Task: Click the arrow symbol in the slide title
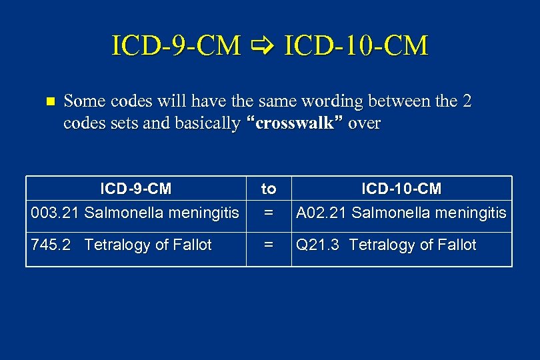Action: (263, 47)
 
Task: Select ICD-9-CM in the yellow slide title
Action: (177, 46)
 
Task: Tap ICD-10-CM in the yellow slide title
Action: (356, 46)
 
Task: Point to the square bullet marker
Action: (47, 102)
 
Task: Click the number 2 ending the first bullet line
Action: (467, 101)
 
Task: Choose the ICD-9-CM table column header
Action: (136, 189)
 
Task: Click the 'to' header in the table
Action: (269, 189)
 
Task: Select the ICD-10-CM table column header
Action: (401, 189)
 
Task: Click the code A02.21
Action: (321, 213)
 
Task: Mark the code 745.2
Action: (51, 245)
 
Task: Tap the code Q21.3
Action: (318, 245)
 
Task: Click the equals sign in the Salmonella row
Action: (269, 213)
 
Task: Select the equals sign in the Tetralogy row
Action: (269, 245)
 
